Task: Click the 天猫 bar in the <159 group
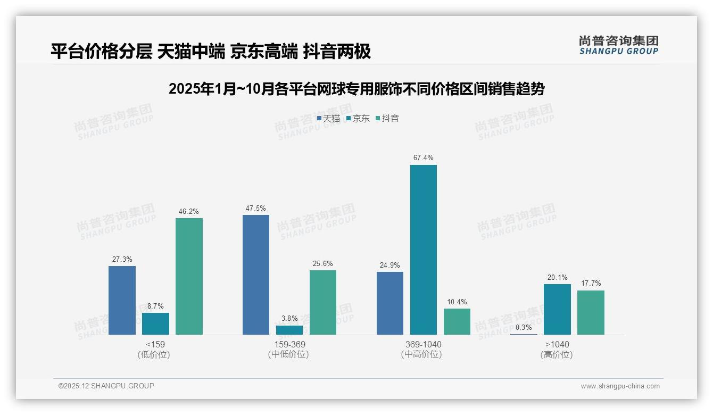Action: pos(122,300)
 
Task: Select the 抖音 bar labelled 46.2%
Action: pos(189,276)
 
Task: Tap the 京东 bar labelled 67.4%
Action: pos(423,250)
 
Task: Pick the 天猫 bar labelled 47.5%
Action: pos(256,275)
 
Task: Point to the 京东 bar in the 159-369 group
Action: pos(289,330)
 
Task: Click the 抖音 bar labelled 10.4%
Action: pos(457,321)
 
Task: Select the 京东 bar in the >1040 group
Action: pos(557,309)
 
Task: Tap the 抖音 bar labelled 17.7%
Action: pos(591,312)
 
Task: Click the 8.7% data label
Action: pos(155,306)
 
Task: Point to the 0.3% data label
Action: pos(524,327)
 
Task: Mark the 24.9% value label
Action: pos(389,265)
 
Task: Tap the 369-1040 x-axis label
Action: pos(423,344)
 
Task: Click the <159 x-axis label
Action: pos(155,344)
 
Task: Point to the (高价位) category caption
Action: pos(557,354)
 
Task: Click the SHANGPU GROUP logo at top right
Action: pos(619,45)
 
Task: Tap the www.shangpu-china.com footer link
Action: pos(620,386)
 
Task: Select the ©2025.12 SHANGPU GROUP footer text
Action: pos(106,386)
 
